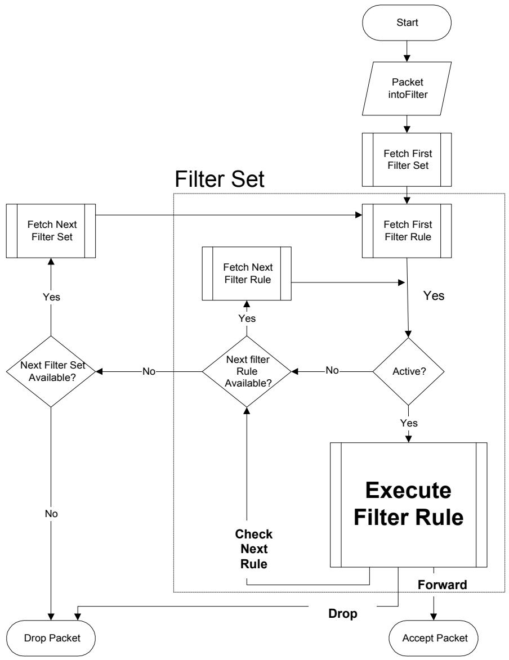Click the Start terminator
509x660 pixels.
pos(407,23)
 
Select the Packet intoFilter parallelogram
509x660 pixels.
pos(407,88)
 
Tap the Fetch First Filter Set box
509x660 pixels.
pos(407,160)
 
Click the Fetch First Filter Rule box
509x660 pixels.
pos(407,231)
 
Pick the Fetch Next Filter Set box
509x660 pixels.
pos(51,231)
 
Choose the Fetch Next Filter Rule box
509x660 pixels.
pos(247,273)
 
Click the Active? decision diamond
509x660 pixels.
pos(408,372)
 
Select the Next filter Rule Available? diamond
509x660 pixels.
pos(247,372)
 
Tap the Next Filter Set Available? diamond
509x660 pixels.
pos(51,372)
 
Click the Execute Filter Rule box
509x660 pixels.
pos(409,505)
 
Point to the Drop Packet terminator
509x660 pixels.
pos(51,638)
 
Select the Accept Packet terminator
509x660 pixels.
pos(434,638)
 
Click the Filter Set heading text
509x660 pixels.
pos(220,179)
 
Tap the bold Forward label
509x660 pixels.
pos(442,585)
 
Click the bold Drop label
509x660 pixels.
pos(342,614)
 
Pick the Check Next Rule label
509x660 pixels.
pos(254,549)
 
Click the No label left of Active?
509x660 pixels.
pos(332,370)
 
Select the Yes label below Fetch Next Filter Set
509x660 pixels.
pos(51,297)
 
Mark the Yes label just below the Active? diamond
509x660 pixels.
pos(409,423)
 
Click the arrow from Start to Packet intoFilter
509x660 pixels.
pos(407,51)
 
